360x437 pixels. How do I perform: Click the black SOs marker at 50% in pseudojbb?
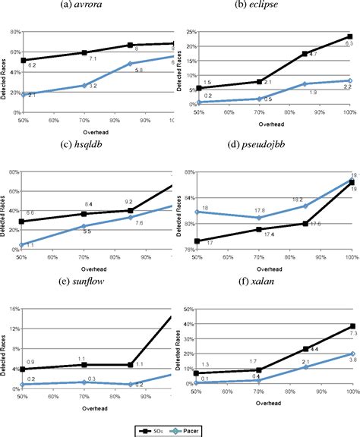pyautogui.click(x=197, y=241)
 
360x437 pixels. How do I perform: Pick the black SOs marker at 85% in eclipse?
pyautogui.click(x=304, y=54)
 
